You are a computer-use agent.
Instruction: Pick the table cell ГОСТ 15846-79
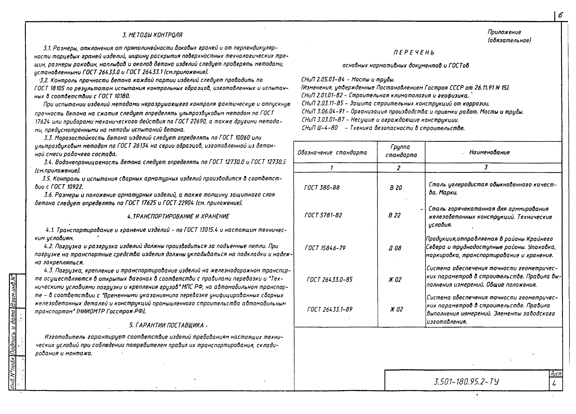[x=325, y=248]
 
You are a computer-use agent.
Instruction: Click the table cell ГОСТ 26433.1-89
[x=330, y=309]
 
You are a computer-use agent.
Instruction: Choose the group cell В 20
[x=396, y=188]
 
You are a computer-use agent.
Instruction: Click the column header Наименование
[x=489, y=153]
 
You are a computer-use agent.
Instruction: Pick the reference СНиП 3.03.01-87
[x=323, y=120]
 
